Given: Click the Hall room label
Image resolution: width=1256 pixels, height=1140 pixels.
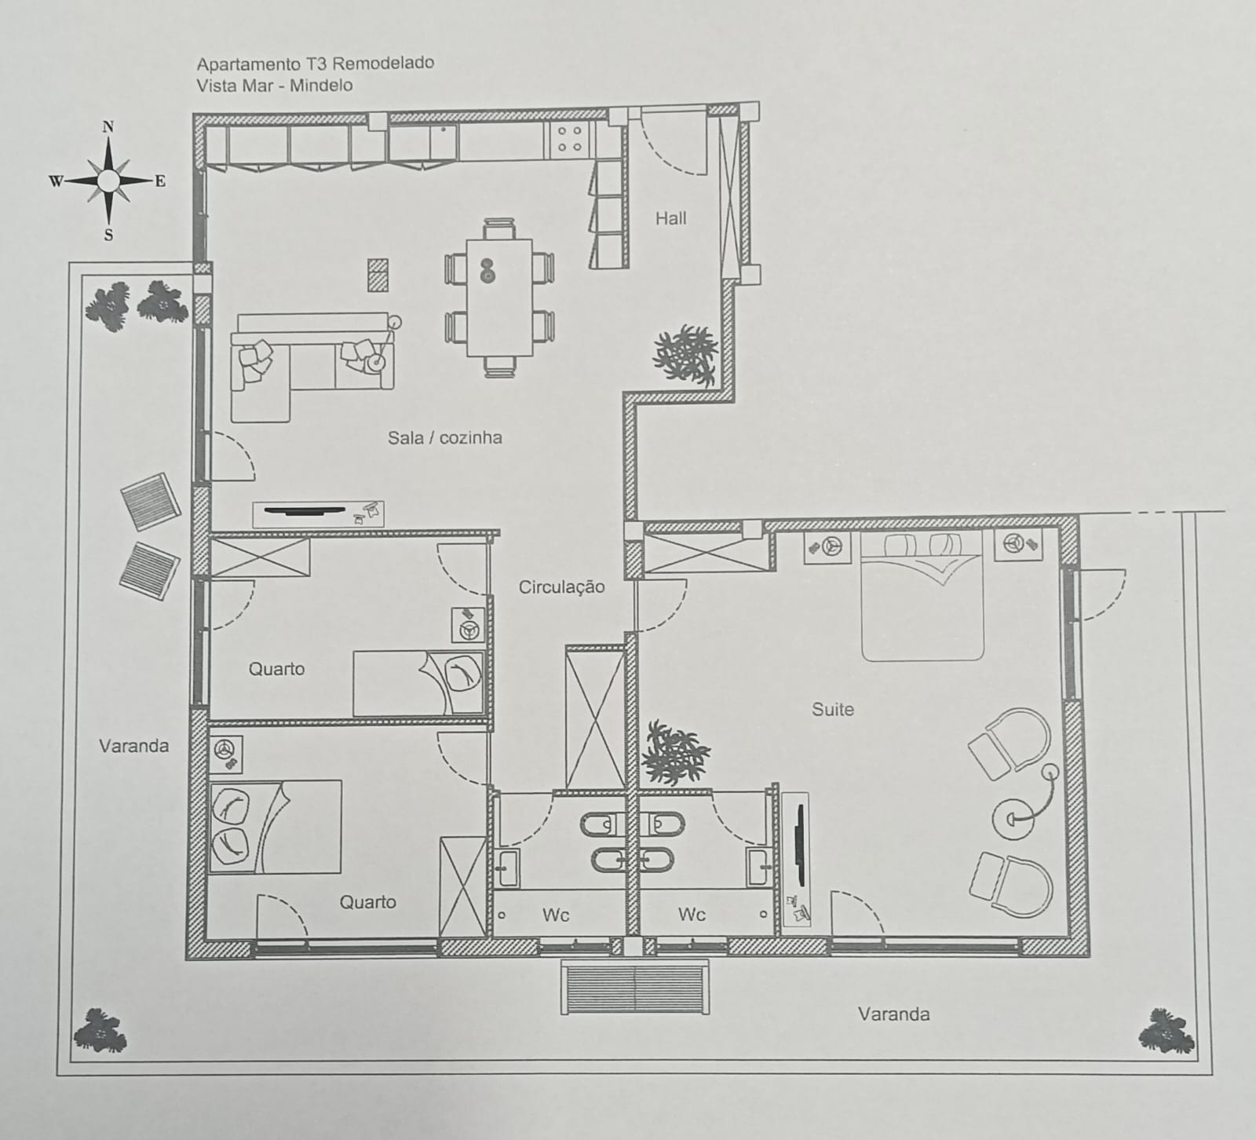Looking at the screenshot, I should [670, 218].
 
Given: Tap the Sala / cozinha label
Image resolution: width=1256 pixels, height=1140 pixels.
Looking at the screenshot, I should [444, 437].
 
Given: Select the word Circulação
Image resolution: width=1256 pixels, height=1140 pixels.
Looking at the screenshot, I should [561, 586].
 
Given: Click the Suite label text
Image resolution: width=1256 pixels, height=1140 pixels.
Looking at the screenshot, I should [832, 709].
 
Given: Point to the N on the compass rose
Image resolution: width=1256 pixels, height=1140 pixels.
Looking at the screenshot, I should [108, 127].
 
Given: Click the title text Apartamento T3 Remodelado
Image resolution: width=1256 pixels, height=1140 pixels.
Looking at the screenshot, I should [315, 64].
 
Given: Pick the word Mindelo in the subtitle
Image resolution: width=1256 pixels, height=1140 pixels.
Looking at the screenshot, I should [321, 85].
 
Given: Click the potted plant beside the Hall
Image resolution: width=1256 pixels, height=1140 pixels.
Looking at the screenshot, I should [686, 355].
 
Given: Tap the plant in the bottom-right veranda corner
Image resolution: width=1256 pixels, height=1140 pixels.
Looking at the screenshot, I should [1167, 1031].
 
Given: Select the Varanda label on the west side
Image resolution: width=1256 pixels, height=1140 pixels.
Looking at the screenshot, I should [133, 745].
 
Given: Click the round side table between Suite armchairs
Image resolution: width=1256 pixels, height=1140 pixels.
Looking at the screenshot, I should [1013, 819].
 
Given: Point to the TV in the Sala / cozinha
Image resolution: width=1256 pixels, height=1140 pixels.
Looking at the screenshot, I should [305, 511].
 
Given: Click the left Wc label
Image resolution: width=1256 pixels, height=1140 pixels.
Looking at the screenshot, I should [555, 915].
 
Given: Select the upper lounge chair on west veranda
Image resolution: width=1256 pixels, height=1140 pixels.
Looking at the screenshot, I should [152, 498].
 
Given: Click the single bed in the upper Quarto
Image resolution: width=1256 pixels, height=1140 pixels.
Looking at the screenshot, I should [418, 682].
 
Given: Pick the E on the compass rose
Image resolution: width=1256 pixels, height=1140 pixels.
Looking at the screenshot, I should [160, 181].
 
